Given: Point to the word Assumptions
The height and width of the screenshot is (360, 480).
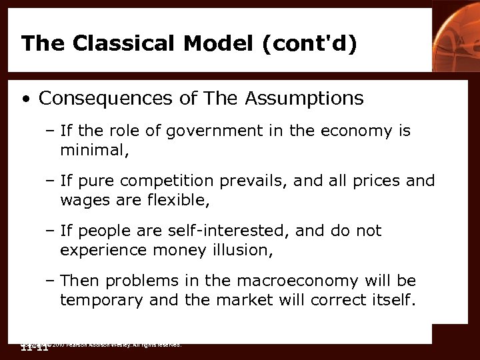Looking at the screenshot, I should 305,99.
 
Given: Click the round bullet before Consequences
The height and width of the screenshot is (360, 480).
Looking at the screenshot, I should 25,100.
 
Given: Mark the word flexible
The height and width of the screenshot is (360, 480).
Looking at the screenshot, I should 174,199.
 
